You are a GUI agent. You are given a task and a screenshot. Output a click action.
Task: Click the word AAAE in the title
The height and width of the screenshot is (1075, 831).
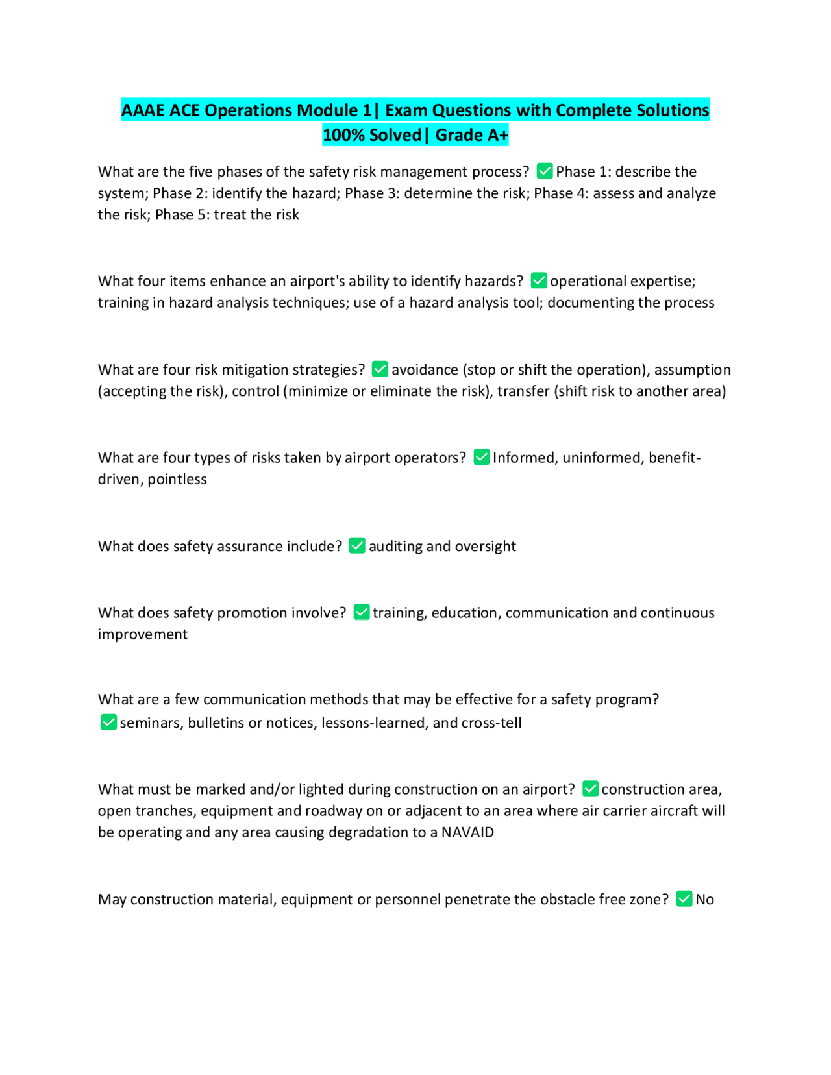tap(143, 110)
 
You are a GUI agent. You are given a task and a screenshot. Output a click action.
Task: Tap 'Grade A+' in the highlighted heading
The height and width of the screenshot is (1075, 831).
tap(472, 135)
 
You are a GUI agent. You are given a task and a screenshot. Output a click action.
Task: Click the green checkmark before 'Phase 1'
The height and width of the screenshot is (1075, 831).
tap(545, 171)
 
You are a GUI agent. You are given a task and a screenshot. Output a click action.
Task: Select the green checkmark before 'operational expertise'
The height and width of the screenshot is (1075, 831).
tap(539, 280)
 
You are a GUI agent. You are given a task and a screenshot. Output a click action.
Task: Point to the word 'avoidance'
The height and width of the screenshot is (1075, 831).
tap(425, 369)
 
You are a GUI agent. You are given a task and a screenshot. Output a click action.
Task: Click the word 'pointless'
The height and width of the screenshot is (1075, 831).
tap(177, 479)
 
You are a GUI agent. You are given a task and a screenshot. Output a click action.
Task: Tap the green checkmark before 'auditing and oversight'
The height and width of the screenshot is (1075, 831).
tap(357, 546)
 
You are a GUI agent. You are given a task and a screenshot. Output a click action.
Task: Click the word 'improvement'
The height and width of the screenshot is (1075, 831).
tap(143, 634)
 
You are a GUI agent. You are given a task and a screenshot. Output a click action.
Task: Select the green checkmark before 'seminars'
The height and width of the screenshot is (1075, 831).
tap(109, 723)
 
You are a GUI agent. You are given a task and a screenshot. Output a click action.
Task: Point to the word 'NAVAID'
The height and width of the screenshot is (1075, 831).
tap(467, 832)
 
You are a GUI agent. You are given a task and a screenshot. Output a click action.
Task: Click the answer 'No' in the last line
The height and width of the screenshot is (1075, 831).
tap(704, 899)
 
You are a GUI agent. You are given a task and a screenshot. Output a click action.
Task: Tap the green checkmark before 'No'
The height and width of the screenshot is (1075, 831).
tap(684, 899)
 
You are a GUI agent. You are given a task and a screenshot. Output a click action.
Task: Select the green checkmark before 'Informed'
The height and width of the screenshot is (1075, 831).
tap(481, 458)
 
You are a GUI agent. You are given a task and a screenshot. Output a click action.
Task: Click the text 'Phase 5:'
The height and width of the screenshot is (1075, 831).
tap(182, 215)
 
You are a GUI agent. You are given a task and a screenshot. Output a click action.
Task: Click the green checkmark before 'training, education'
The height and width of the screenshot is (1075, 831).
tap(362, 612)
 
